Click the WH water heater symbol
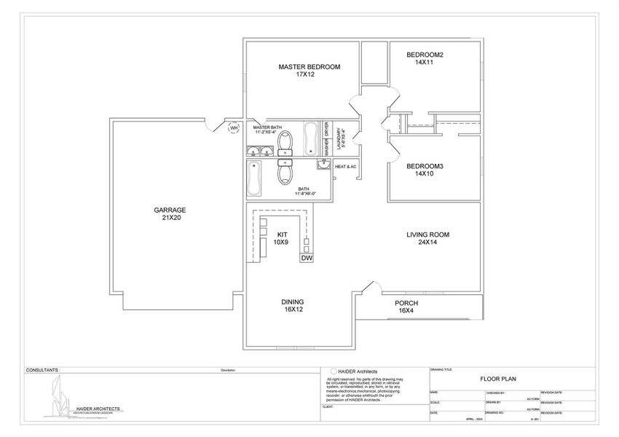point(234,129)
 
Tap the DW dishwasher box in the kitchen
point(307,258)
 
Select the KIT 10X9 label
point(281,237)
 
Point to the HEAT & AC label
point(345,167)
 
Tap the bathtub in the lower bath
point(255,178)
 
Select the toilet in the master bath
point(285,140)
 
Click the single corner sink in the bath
point(323,165)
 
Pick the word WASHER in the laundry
point(326,147)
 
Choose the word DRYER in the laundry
point(326,128)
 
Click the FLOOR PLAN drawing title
point(497,379)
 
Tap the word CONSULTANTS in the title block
point(42,370)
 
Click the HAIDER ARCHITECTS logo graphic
point(60,398)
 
